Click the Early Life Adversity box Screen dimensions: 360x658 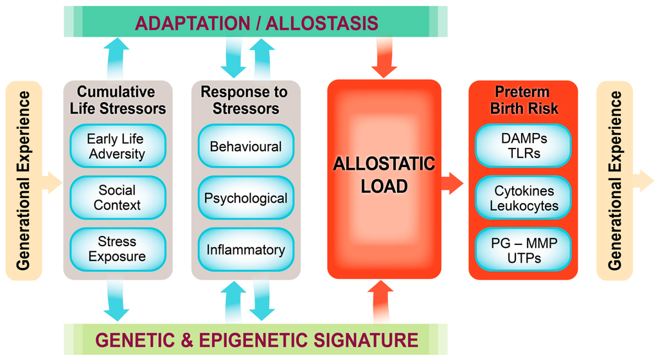click(x=117, y=147)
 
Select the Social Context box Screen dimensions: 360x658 click(x=117, y=198)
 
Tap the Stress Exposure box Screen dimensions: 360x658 click(x=117, y=249)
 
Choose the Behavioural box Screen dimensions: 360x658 click(x=245, y=147)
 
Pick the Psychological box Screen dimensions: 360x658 click(x=245, y=198)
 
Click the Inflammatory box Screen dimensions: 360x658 click(x=245, y=249)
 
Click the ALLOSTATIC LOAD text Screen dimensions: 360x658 click(x=384, y=175)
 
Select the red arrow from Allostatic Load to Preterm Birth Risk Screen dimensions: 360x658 click(x=451, y=183)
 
